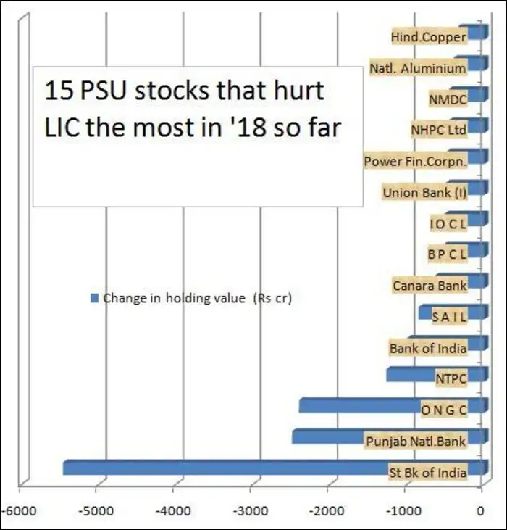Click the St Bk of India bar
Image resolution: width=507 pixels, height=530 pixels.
[217, 468]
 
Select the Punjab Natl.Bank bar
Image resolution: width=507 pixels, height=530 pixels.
[326, 436]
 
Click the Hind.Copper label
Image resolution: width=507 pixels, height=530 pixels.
[428, 37]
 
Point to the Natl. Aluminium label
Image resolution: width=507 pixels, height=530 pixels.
[417, 68]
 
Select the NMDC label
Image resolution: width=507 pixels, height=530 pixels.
[448, 99]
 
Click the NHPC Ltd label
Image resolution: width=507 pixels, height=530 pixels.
[438, 131]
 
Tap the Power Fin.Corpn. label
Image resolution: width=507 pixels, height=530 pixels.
[415, 162]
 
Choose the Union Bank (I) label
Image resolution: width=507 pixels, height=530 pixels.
[424, 193]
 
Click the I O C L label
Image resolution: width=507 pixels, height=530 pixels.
[448, 224]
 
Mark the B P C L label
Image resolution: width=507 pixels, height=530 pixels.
[448, 254]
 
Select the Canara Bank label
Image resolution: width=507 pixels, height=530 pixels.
[429, 285]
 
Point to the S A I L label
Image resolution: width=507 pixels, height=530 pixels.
[449, 316]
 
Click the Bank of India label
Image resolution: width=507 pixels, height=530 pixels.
[427, 348]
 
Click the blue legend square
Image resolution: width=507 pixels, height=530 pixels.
[93, 298]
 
